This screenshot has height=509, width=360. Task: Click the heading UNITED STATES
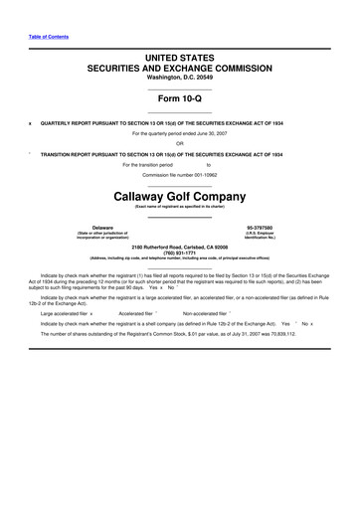pos(180,61)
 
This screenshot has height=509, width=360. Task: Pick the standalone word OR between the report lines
pos(180,143)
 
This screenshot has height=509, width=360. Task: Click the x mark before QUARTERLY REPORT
pos(31,123)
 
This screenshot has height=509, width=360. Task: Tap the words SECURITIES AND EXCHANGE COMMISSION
pos(180,71)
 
